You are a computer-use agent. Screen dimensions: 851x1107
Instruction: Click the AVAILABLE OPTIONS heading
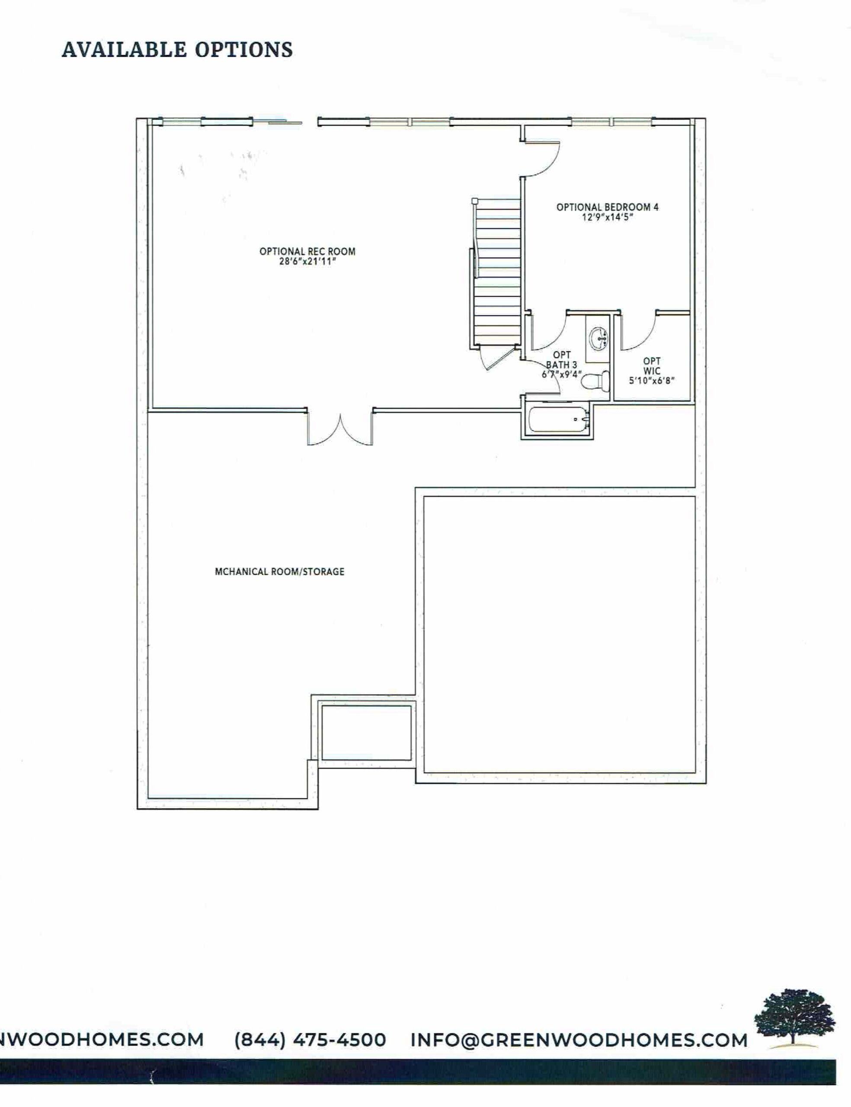pyautogui.click(x=177, y=50)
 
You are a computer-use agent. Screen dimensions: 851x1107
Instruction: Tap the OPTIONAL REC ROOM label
pyautogui.click(x=307, y=251)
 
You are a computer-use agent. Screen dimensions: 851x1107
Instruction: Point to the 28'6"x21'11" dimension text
pyautogui.click(x=307, y=262)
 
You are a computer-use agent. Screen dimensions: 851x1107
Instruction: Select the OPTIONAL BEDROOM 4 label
pyautogui.click(x=608, y=207)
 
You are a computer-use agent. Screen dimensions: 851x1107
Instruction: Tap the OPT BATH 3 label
pyautogui.click(x=561, y=360)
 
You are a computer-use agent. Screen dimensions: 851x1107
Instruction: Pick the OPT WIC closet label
pyautogui.click(x=652, y=366)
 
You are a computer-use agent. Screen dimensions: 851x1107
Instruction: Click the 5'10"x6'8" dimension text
pyautogui.click(x=652, y=380)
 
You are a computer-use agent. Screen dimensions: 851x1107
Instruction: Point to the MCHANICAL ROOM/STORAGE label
pyautogui.click(x=280, y=572)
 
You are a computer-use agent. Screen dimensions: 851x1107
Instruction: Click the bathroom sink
pyautogui.click(x=599, y=337)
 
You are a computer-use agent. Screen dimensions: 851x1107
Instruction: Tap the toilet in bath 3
pyautogui.click(x=596, y=381)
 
